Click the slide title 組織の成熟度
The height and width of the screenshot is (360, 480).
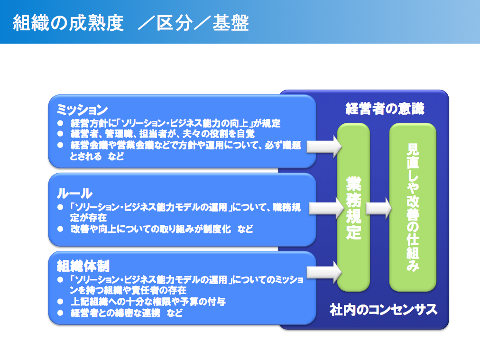tap(68, 23)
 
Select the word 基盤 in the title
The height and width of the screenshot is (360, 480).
tap(231, 23)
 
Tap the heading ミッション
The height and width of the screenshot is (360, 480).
tap(83, 109)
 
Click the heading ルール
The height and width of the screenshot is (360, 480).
tap(74, 193)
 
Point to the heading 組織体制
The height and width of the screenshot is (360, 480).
tap(83, 266)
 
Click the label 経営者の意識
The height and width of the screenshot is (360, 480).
tap(385, 109)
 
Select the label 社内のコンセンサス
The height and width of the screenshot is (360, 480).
tap(384, 310)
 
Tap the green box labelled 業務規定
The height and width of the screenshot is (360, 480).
tap(353, 207)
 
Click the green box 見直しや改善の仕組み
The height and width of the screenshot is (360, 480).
tap(413, 207)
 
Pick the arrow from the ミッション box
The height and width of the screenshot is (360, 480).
tap(324, 147)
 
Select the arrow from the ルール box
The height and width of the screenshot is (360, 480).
tap(327, 208)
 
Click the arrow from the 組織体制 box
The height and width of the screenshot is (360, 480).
tap(324, 272)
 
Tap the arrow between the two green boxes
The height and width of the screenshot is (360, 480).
tap(379, 208)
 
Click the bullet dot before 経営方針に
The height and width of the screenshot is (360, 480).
tap(60, 123)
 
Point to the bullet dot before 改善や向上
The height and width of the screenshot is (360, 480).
tap(60, 229)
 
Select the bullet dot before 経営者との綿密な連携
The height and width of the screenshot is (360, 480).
tap(60, 313)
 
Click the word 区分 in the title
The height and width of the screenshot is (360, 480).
tap(175, 23)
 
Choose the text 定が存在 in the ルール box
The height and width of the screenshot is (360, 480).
tap(89, 218)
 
